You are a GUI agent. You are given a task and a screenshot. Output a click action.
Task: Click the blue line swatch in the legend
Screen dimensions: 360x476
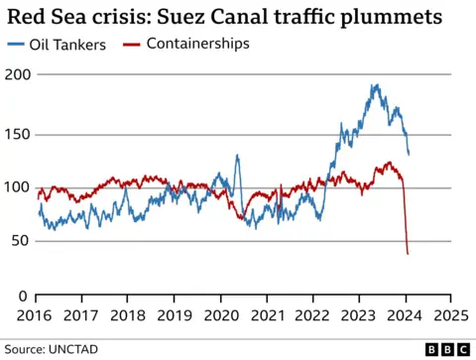tap(18, 45)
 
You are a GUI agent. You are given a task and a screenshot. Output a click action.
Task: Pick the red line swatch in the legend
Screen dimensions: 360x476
tap(132, 45)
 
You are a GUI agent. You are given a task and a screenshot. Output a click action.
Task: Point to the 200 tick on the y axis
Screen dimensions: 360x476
tap(19, 75)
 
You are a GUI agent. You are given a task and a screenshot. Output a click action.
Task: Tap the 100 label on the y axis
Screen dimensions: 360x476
tap(19, 187)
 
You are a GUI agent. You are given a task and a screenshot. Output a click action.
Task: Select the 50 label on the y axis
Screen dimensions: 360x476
tap(22, 242)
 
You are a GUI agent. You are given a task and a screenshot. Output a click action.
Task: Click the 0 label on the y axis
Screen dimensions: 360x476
tap(26, 296)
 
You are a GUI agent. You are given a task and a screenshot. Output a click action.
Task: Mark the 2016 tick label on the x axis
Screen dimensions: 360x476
tap(37, 315)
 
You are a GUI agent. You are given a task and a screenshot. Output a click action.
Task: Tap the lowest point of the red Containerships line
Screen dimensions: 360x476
tap(409, 254)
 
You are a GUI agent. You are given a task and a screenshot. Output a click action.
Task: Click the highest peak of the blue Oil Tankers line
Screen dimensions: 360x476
tap(376, 85)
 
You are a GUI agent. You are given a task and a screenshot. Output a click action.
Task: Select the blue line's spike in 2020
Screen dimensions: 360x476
tap(237, 156)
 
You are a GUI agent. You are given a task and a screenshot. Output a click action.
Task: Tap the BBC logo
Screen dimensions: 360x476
tap(446, 349)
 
